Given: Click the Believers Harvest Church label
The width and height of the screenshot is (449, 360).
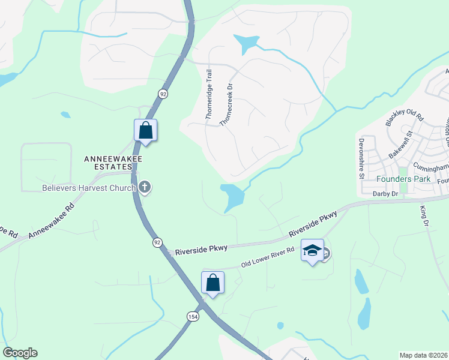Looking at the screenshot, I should (89, 187).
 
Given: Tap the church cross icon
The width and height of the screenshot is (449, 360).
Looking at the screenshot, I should (144, 188).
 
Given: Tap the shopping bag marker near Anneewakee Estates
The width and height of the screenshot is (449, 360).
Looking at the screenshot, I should (145, 130).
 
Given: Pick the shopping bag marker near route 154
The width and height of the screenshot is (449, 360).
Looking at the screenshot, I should (212, 282).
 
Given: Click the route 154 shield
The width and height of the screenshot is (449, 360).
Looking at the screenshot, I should (193, 317).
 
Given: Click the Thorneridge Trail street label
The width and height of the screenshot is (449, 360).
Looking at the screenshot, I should (209, 95).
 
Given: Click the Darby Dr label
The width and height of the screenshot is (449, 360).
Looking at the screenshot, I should (385, 194).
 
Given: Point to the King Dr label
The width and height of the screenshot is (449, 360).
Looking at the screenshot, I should (426, 216).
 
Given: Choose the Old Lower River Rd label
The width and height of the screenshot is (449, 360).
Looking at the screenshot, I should (268, 257).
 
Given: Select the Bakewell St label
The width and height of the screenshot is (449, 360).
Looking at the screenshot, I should (402, 145).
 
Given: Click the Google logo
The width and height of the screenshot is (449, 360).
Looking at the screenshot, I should (20, 353).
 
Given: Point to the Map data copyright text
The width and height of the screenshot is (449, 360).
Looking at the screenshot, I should (424, 355).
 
